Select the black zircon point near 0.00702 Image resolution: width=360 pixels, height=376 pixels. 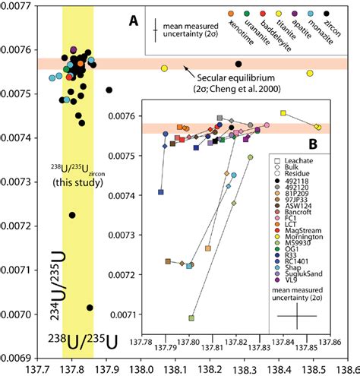click(x=90, y=308)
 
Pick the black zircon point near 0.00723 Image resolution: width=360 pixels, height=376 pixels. click(x=72, y=215)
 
